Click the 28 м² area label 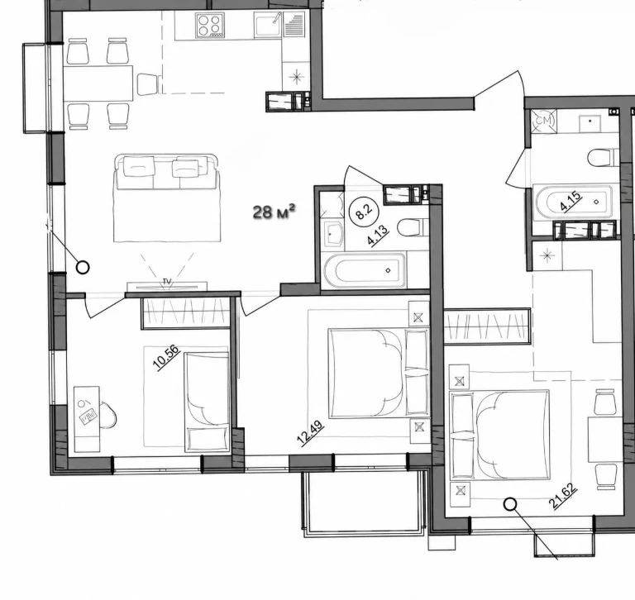pyautogui.click(x=275, y=212)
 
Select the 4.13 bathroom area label pyautogui.click(x=378, y=236)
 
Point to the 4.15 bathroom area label pyautogui.click(x=571, y=201)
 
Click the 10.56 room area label pyautogui.click(x=166, y=358)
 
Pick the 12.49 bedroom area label pyautogui.click(x=310, y=433)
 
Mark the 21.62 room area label pyautogui.click(x=563, y=497)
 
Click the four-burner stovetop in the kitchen pyautogui.click(x=210, y=25)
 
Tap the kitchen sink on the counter pyautogui.click(x=268, y=24)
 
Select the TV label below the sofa pyautogui.click(x=166, y=280)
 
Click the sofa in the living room pyautogui.click(x=167, y=198)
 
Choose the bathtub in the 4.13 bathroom pyautogui.click(x=365, y=270)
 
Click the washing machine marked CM pyautogui.click(x=544, y=121)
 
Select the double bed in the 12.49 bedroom pyautogui.click(x=378, y=374)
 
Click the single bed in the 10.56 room pyautogui.click(x=207, y=402)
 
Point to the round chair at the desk pyautogui.click(x=107, y=415)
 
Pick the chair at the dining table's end pyautogui.click(x=147, y=84)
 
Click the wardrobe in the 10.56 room pyautogui.click(x=186, y=312)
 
